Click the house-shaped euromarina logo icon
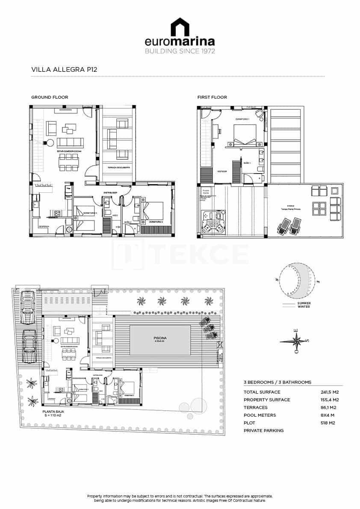pyautogui.click(x=180, y=27)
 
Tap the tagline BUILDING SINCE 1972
pyautogui.click(x=180, y=51)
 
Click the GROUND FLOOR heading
pyautogui.click(x=50, y=97)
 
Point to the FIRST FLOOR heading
pyautogui.click(x=212, y=97)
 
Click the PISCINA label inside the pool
pyautogui.click(x=160, y=338)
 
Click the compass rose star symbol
pyautogui.click(x=296, y=341)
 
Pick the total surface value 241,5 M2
pyautogui.click(x=329, y=392)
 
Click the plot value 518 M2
pyautogui.click(x=328, y=423)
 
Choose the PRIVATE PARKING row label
pyautogui.click(x=263, y=430)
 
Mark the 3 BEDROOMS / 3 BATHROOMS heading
pyautogui.click(x=277, y=382)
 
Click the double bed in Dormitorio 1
pyautogui.click(x=245, y=135)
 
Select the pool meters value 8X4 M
pyautogui.click(x=328, y=415)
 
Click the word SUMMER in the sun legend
pyautogui.click(x=304, y=303)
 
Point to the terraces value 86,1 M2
pyautogui.click(x=329, y=407)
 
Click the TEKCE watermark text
pyautogui.click(x=201, y=254)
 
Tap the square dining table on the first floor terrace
pyautogui.click(x=319, y=208)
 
